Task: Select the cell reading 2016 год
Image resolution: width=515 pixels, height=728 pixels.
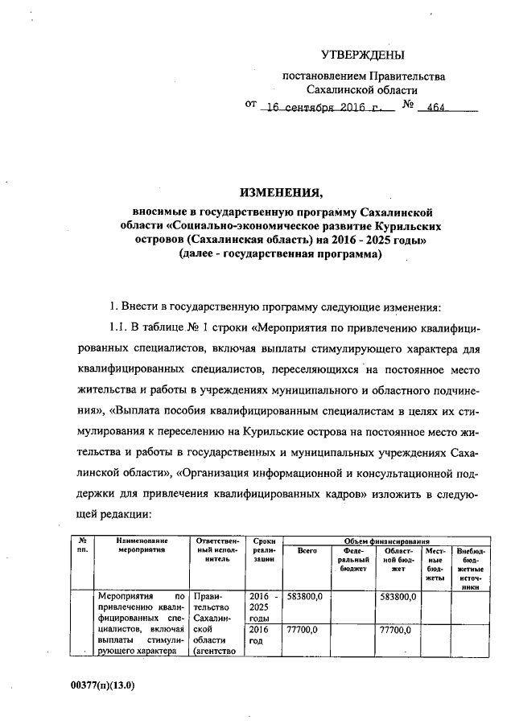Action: (259, 637)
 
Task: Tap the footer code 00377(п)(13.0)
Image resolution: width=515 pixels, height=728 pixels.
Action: (102, 686)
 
